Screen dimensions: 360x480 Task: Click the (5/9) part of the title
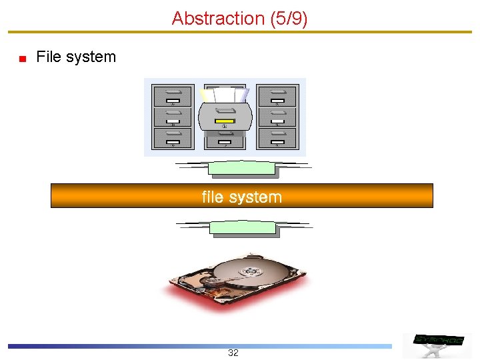pos(288,19)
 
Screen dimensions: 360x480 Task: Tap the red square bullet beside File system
pos(22,59)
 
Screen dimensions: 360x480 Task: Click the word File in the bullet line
pos(49,57)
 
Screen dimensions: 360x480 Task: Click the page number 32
pos(233,353)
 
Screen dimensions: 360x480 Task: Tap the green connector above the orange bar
pos(242,169)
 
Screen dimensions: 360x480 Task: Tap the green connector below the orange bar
pos(243,228)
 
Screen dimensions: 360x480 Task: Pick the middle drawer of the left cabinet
pos(173,117)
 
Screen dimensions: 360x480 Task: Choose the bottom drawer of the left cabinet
pos(173,138)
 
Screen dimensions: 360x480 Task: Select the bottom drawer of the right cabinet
pos(277,138)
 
